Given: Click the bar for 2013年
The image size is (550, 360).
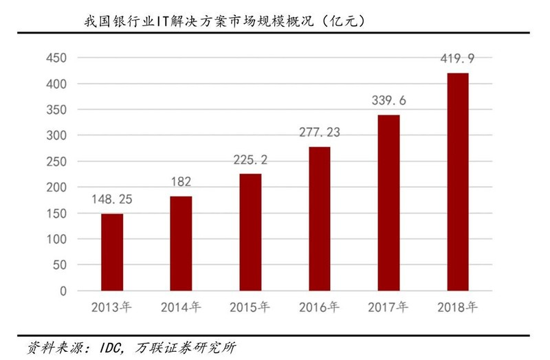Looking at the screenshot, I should (112, 252).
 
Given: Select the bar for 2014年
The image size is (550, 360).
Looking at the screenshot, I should (181, 243).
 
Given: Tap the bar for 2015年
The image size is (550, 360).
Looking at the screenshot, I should (250, 232).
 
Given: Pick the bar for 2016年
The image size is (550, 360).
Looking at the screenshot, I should (320, 218).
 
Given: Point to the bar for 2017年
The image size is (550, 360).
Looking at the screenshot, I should (388, 203).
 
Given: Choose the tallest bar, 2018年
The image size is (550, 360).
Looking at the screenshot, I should (458, 182).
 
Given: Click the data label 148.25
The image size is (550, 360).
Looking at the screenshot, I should (112, 201).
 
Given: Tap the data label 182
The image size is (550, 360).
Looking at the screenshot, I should (181, 183).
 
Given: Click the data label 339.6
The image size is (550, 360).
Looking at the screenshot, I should (388, 101).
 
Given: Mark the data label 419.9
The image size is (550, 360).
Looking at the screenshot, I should (458, 59).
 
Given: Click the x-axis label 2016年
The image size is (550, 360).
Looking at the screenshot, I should (320, 307).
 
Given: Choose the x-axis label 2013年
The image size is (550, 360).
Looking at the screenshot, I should (112, 307).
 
